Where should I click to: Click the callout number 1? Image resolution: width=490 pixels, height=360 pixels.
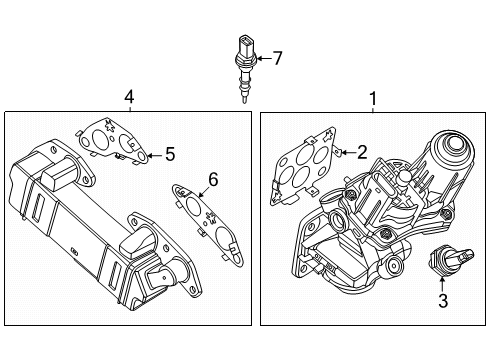pyautogui.click(x=373, y=98)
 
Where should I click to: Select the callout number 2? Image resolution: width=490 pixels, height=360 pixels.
pyautogui.click(x=363, y=151)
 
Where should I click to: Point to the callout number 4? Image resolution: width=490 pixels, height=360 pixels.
pyautogui.click(x=128, y=97)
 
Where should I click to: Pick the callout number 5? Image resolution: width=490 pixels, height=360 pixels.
pyautogui.click(x=169, y=155)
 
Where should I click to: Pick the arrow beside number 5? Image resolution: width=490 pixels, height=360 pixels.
pyautogui.click(x=152, y=155)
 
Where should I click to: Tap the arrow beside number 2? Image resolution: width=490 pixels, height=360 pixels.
pyautogui.click(x=346, y=151)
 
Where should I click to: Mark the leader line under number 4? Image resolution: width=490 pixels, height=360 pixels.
pyautogui.click(x=128, y=109)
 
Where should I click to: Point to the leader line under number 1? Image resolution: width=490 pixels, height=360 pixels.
pyautogui.click(x=373, y=109)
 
